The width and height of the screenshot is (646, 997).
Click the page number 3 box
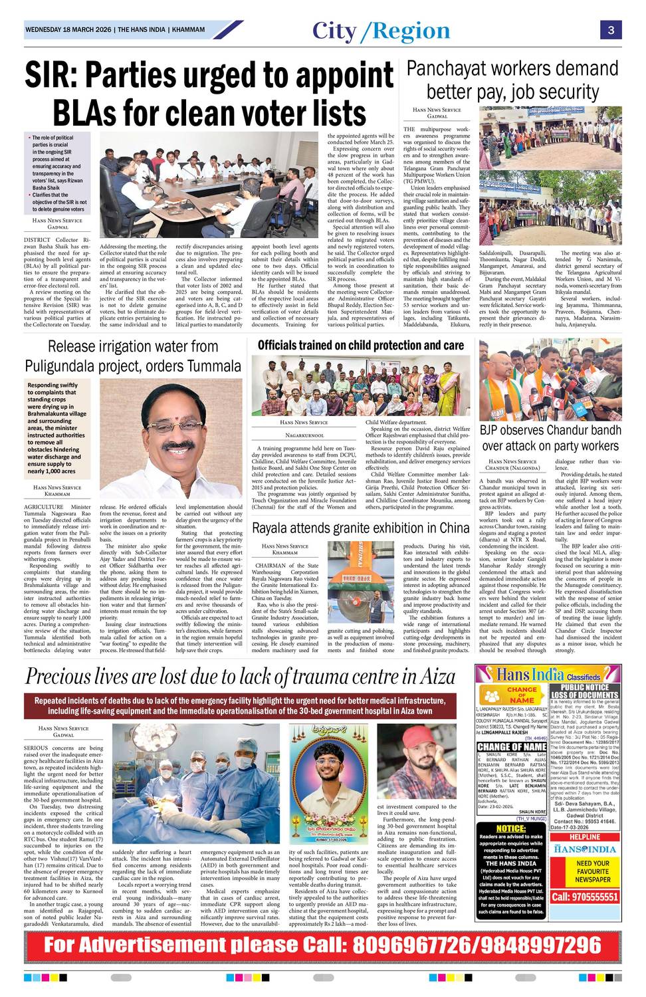click(x=610, y=31)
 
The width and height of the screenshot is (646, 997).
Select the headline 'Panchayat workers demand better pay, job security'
click(x=512, y=80)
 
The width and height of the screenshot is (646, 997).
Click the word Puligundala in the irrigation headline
click(x=67, y=366)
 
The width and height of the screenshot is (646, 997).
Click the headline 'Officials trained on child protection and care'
click(x=360, y=345)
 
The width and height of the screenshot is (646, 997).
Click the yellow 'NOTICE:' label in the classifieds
click(x=511, y=829)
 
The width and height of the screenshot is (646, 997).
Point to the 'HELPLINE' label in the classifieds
click(x=585, y=837)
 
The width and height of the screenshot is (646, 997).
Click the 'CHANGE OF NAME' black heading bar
click(x=512, y=746)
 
